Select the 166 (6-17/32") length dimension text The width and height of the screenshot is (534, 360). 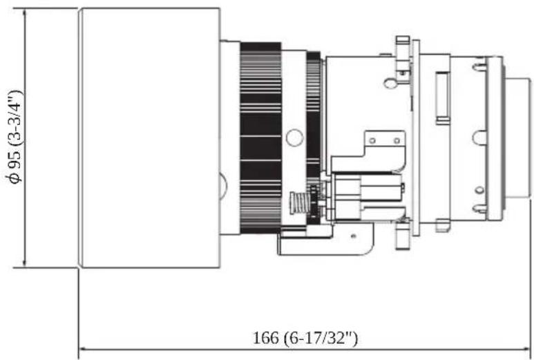pos(305,338)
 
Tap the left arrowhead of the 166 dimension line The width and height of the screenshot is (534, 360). pos(82,349)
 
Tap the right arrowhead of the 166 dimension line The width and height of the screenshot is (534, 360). pos(528,349)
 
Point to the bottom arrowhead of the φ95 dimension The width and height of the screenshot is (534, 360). pos(24,264)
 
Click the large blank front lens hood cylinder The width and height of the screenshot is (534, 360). pos(149,138)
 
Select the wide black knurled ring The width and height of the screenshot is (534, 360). pos(260,138)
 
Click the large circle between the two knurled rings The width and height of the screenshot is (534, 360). pos(294,138)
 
